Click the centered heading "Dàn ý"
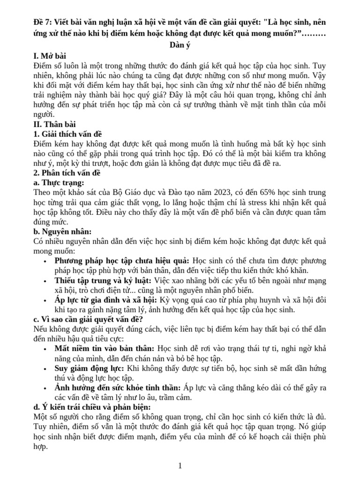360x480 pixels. coord(180,45)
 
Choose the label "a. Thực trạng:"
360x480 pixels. coord(59,183)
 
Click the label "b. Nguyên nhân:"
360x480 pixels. coord(63,232)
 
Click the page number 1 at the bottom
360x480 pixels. coord(180,465)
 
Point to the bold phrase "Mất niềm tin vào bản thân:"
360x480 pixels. coord(105,349)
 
